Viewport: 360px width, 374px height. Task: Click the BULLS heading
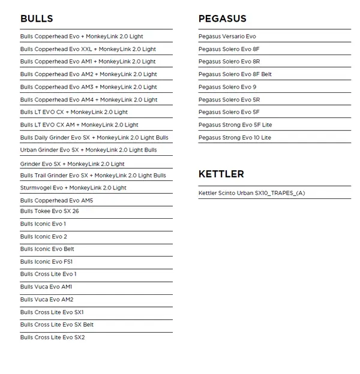pyautogui.click(x=37, y=19)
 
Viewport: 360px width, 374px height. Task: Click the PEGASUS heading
pyautogui.click(x=222, y=19)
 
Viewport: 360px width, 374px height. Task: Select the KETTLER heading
pyautogui.click(x=221, y=174)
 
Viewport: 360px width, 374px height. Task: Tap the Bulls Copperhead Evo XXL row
pyautogui.click(x=88, y=49)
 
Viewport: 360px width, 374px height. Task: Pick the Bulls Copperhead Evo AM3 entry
pyautogui.click(x=88, y=87)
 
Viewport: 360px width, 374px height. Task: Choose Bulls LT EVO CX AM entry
pyautogui.click(x=79, y=125)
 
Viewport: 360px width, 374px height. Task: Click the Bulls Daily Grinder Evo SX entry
pyautogui.click(x=94, y=137)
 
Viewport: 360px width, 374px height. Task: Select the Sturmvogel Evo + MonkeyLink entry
pyautogui.click(x=73, y=188)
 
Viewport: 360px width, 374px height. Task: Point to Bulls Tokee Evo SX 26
pyautogui.click(x=49, y=211)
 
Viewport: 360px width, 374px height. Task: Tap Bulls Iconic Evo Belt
pyautogui.click(x=47, y=249)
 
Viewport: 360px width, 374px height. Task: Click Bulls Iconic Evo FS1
pyautogui.click(x=46, y=261)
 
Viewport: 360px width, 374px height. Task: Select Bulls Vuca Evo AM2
pyautogui.click(x=47, y=299)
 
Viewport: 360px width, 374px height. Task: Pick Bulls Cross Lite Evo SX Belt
pyautogui.click(x=57, y=324)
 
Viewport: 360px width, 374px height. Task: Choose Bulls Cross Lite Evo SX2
pyautogui.click(x=52, y=337)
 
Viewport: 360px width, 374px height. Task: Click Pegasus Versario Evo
pyautogui.click(x=227, y=37)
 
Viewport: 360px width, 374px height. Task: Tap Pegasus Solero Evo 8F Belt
pyautogui.click(x=235, y=74)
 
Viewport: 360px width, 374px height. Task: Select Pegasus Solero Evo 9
pyautogui.click(x=227, y=87)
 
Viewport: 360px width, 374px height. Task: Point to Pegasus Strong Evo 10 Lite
pyautogui.click(x=235, y=137)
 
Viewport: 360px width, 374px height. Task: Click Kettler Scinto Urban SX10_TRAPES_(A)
pyautogui.click(x=251, y=193)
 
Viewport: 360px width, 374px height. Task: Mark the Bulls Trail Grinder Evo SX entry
pyautogui.click(x=93, y=176)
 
